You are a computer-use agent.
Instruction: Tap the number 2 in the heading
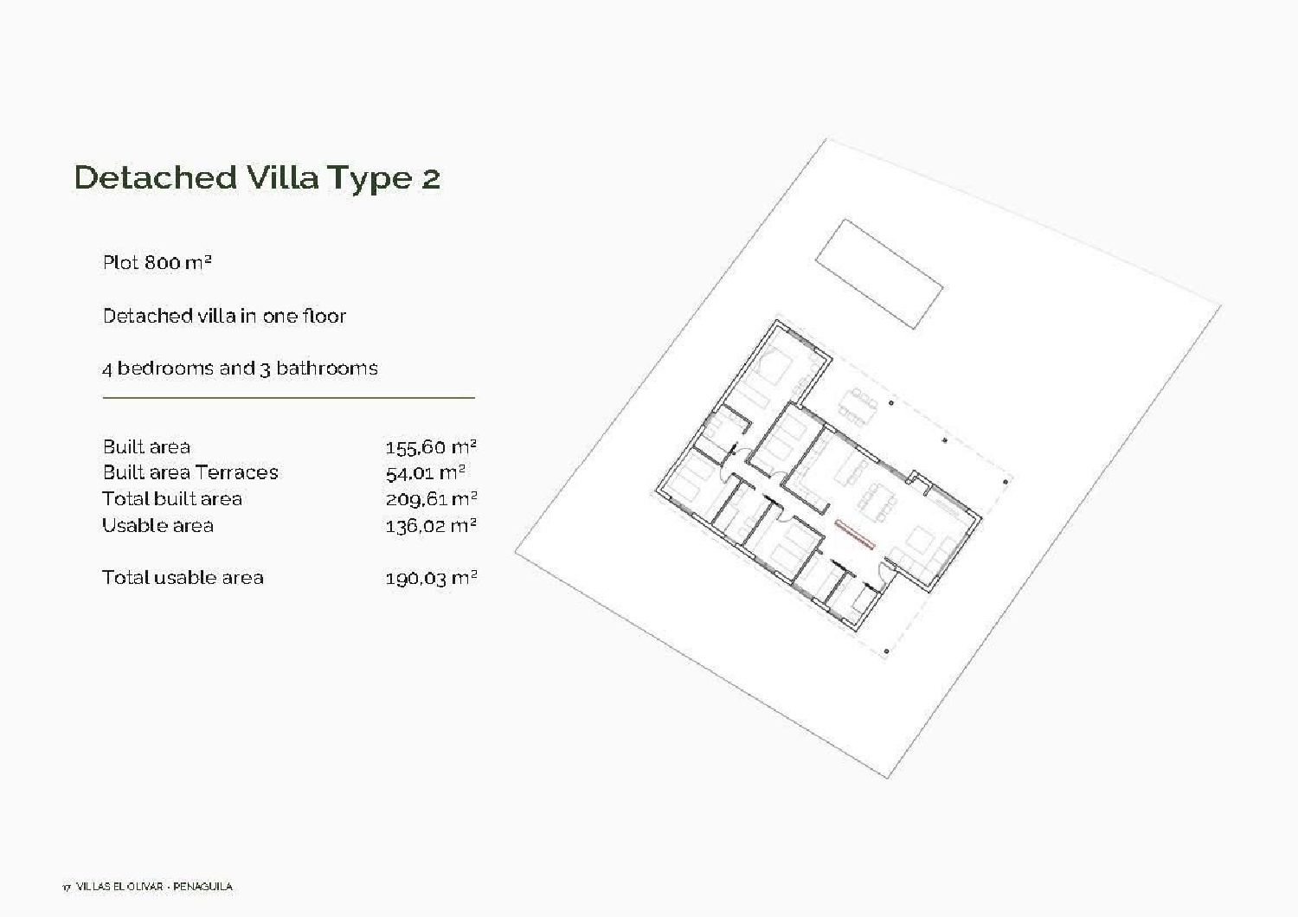click(x=430, y=178)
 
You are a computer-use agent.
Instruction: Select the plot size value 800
click(x=163, y=262)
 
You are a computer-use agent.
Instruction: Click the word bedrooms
click(x=165, y=368)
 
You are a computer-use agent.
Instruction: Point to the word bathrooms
click(x=327, y=368)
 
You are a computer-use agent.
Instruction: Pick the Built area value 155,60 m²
click(x=431, y=446)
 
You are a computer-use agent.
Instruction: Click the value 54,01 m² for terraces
click(x=426, y=473)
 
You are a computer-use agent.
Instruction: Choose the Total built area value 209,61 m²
click(x=431, y=499)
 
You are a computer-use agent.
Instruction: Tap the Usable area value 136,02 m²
click(x=431, y=526)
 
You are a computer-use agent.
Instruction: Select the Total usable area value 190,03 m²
click(x=431, y=578)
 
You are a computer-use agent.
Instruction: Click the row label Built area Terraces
click(x=190, y=472)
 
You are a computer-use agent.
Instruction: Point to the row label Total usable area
click(x=183, y=577)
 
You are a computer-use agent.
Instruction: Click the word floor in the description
click(x=324, y=316)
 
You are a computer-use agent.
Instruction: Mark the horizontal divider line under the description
click(x=288, y=398)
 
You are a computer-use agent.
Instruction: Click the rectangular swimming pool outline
click(x=878, y=273)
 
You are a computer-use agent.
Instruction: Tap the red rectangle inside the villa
click(x=855, y=533)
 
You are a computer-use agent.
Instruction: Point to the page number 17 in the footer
click(x=67, y=887)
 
